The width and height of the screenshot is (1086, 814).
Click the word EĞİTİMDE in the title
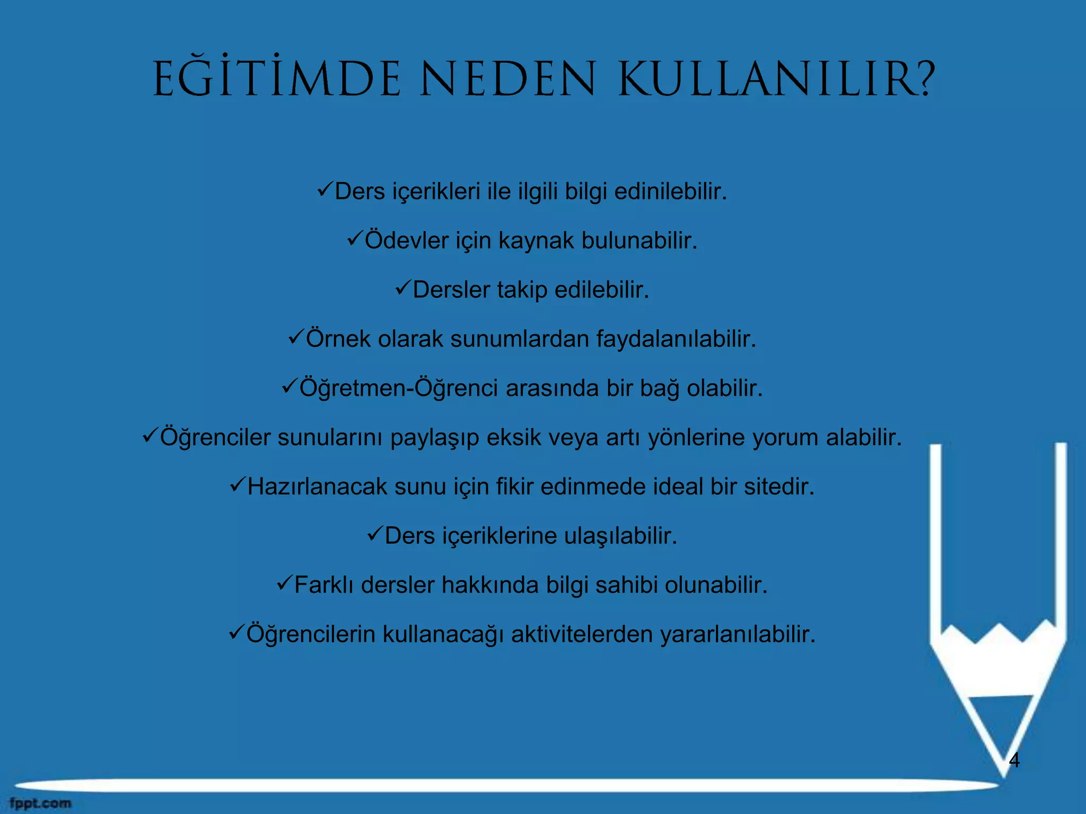[276, 79]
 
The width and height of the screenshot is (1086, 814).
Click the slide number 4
[1014, 760]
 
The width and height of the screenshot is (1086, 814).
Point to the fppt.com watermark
[40, 803]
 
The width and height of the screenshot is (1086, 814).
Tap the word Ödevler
[407, 241]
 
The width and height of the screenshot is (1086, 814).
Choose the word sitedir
[779, 486]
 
